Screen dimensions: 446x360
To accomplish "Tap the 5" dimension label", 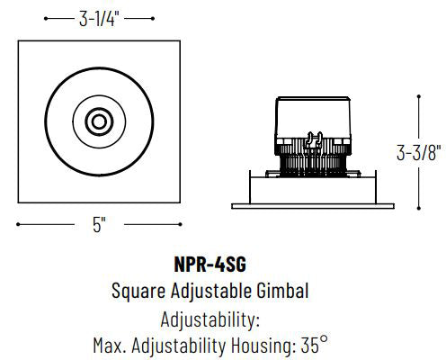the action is point(99,225).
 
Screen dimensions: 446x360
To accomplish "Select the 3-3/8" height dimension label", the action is point(419,153).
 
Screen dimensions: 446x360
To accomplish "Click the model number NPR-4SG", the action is point(210,265).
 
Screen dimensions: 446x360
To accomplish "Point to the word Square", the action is point(138,292).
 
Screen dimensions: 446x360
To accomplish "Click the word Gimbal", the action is point(282,291).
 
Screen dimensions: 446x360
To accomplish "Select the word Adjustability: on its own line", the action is point(210,319).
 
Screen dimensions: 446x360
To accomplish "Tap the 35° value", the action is point(314,345).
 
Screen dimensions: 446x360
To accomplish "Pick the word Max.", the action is point(110,346).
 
